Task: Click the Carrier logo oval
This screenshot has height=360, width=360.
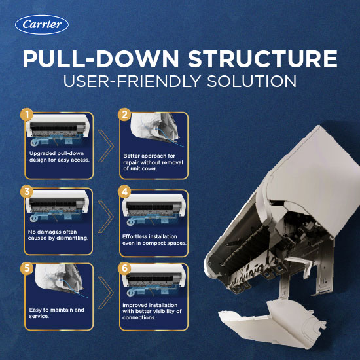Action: click(x=42, y=25)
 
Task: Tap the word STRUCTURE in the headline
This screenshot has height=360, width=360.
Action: click(x=262, y=59)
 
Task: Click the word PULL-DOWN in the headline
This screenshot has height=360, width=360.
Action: click(x=101, y=59)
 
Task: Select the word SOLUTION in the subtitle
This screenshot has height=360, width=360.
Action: click(x=251, y=81)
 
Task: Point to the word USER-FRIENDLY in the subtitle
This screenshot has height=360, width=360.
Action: click(x=132, y=81)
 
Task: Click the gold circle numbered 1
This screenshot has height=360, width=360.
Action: click(x=27, y=115)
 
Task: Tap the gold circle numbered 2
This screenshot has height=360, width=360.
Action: click(x=124, y=115)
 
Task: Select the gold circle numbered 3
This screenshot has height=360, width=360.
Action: click(x=27, y=192)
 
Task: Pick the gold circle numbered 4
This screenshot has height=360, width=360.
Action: click(x=124, y=192)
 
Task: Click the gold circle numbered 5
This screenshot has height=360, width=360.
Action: click(x=27, y=268)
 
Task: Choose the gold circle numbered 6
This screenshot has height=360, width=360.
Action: click(x=124, y=268)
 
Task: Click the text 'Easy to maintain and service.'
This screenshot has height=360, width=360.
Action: click(x=56, y=313)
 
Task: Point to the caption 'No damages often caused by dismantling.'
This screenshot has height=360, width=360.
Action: click(x=58, y=235)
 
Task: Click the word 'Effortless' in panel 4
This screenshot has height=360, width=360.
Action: click(x=134, y=236)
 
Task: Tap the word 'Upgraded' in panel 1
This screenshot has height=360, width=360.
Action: click(x=40, y=154)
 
